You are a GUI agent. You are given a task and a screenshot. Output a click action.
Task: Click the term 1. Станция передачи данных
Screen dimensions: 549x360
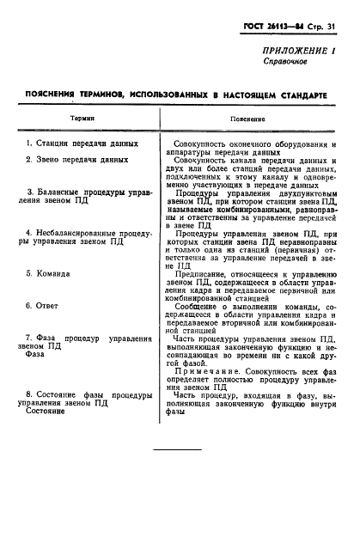(x=76, y=143)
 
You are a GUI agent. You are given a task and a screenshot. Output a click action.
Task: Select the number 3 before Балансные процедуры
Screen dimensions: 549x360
(x=30, y=192)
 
